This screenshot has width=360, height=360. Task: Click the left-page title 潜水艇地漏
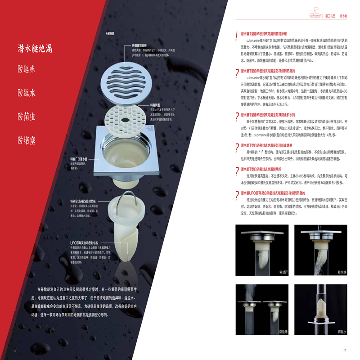[35, 49]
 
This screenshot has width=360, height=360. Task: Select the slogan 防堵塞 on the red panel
[27, 140]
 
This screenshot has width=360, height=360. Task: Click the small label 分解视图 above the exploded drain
[110, 34]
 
